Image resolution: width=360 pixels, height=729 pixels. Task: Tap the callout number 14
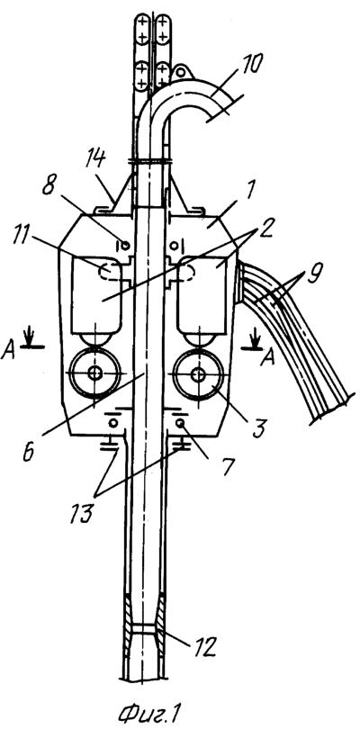[x=94, y=160]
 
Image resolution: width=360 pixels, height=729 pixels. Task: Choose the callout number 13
[x=82, y=513]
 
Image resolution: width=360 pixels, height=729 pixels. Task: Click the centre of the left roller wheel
[x=95, y=373]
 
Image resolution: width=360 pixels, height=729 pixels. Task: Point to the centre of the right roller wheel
[x=199, y=373]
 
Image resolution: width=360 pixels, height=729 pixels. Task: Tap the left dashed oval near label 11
[x=110, y=271]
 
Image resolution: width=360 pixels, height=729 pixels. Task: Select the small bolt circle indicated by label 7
[x=181, y=422]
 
